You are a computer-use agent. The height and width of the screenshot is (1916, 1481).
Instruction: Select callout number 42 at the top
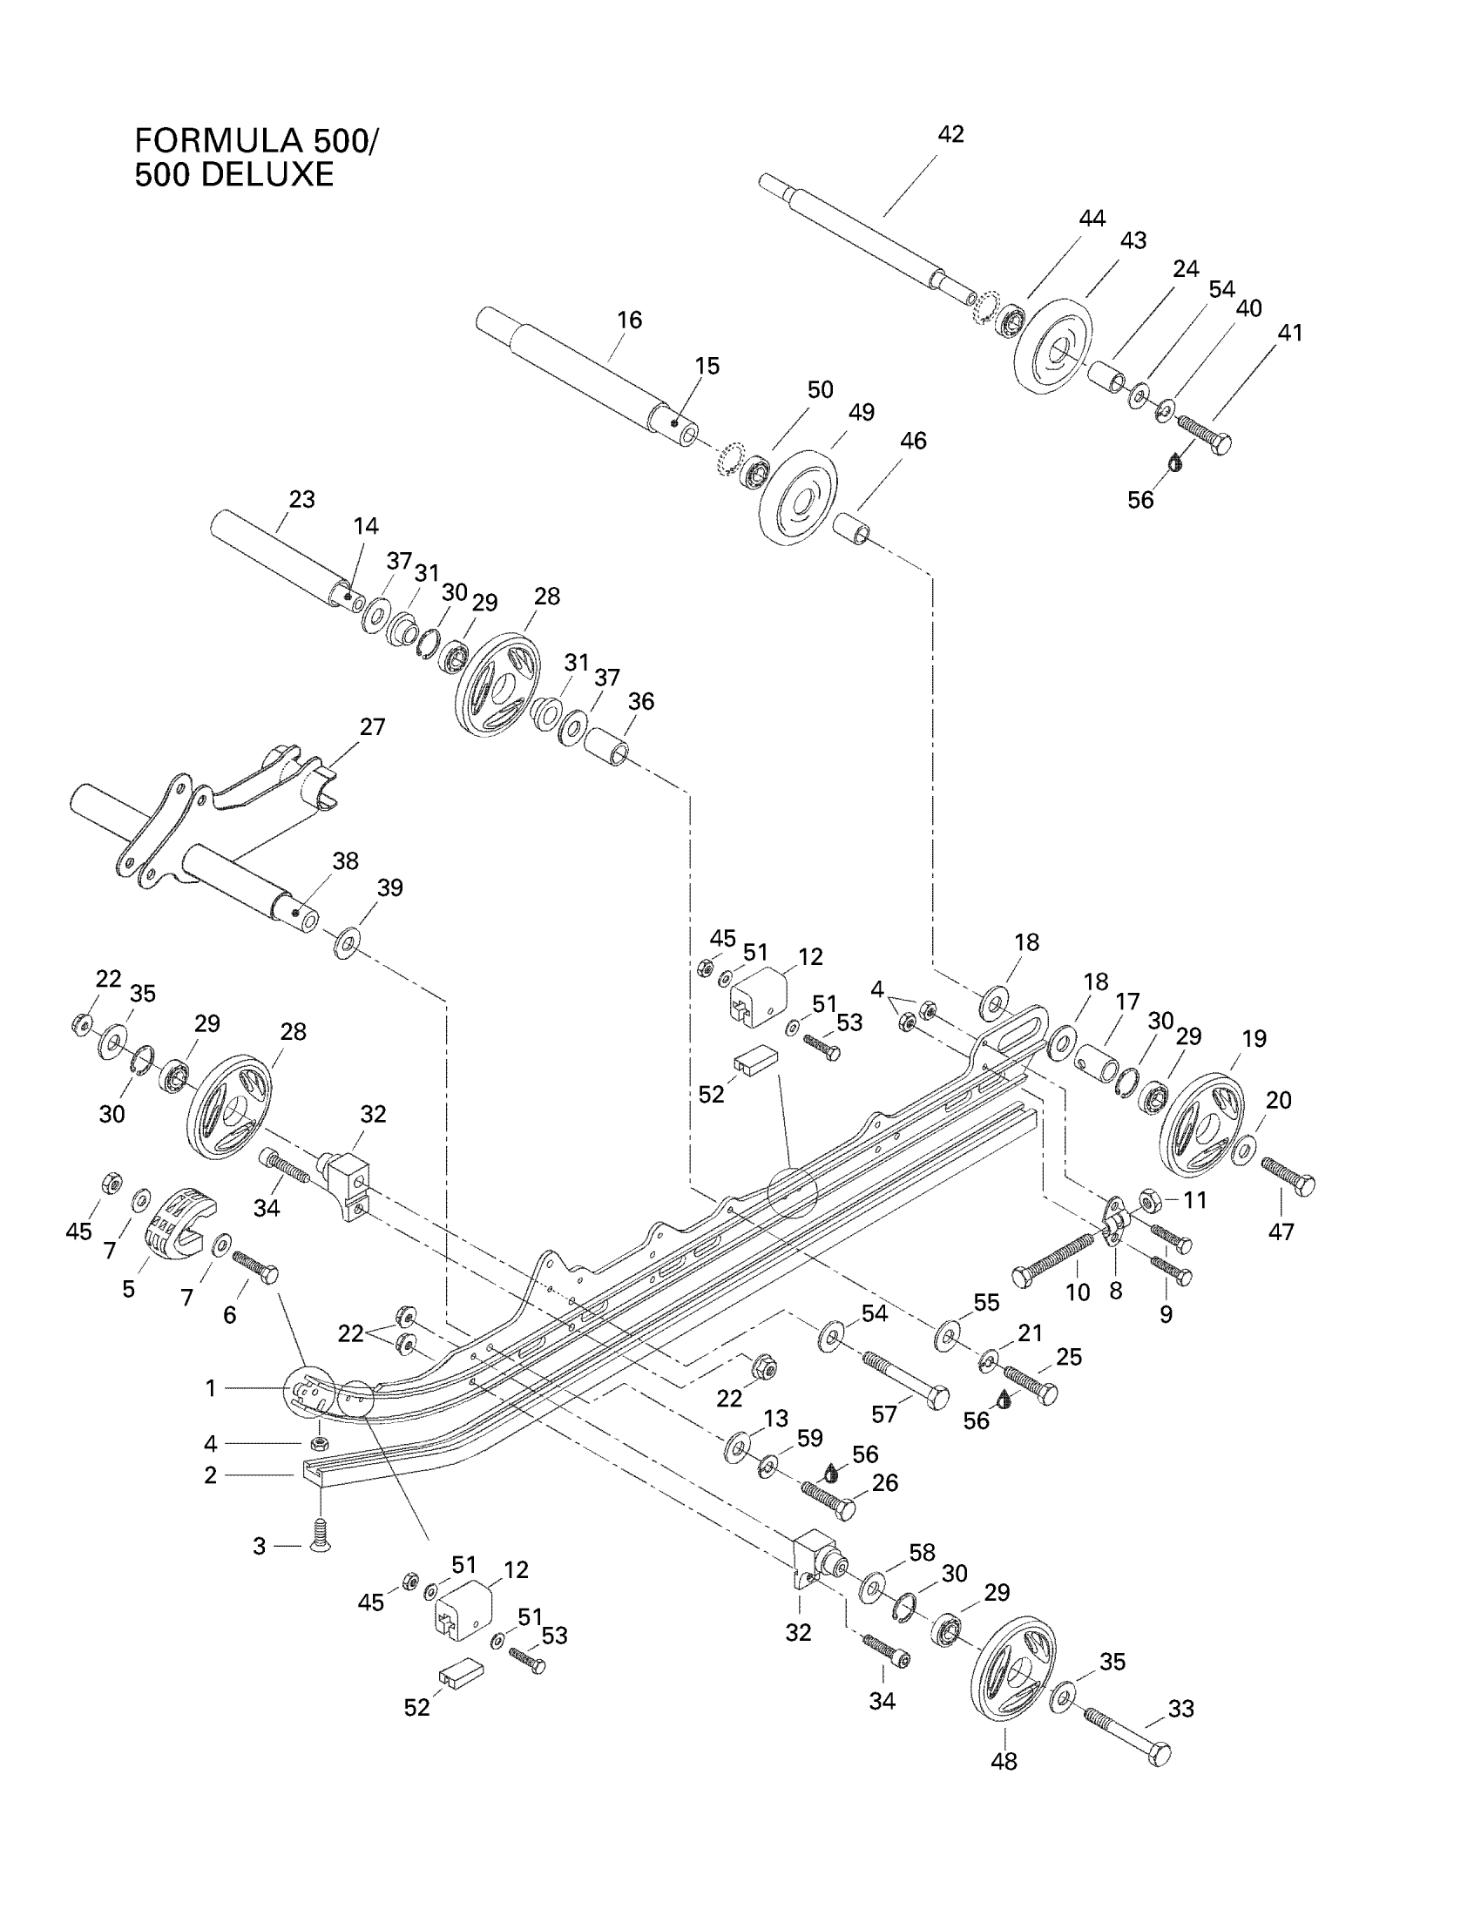coord(950,134)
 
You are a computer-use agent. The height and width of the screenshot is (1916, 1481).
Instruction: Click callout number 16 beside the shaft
coord(629,320)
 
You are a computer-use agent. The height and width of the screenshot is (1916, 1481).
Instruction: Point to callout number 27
coord(373,727)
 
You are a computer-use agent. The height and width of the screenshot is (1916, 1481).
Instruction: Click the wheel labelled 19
coord(1200,1125)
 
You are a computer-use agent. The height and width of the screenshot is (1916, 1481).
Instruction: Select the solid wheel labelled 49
coord(797,498)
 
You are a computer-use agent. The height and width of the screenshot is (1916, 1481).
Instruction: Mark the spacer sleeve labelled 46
coord(852,528)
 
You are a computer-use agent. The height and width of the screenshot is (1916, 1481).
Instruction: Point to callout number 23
coord(301,499)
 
